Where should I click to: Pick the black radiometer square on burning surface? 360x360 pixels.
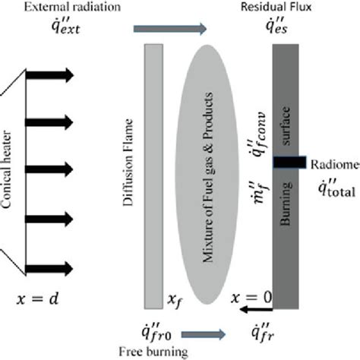pos(289,163)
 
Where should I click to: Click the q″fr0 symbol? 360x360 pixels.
pos(144,331)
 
